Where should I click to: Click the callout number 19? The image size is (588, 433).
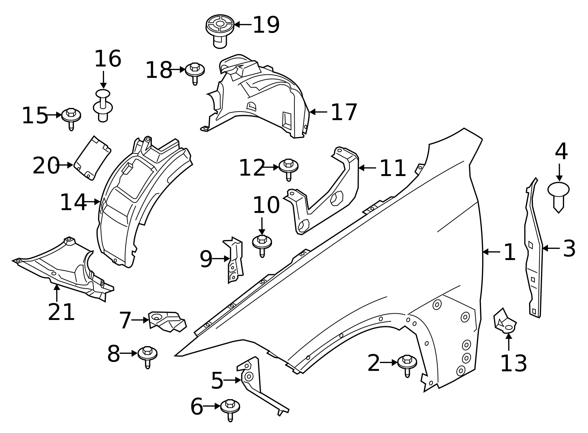click(x=266, y=25)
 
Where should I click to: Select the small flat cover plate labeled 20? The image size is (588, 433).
click(x=92, y=158)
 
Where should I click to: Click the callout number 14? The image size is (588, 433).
click(x=73, y=202)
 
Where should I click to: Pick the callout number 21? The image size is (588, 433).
click(x=61, y=312)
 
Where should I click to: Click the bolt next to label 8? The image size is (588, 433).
click(x=147, y=355)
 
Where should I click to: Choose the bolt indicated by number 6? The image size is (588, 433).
click(x=230, y=408)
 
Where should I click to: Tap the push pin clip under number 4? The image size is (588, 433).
click(x=558, y=195)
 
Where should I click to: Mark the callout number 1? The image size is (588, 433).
click(x=509, y=252)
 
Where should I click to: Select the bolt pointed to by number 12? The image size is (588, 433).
click(x=288, y=168)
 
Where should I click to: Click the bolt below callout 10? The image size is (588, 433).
click(x=262, y=244)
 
